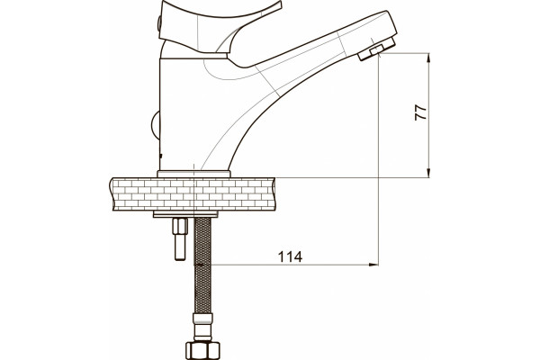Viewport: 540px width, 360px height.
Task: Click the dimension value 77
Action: coord(420,112)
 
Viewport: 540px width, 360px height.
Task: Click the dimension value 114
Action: coord(290,256)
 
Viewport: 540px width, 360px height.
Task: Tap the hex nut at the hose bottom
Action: coord(202,350)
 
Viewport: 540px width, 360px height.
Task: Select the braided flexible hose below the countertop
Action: coord(202,265)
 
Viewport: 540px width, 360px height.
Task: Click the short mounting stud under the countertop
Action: coord(181,238)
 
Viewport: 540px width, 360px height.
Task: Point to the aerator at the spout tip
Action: coord(376,49)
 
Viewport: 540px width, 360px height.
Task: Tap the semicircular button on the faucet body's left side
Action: coord(156,125)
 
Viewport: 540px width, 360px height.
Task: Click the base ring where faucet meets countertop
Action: coord(193,174)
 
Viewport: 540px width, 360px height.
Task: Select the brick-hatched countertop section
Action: coord(193,194)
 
